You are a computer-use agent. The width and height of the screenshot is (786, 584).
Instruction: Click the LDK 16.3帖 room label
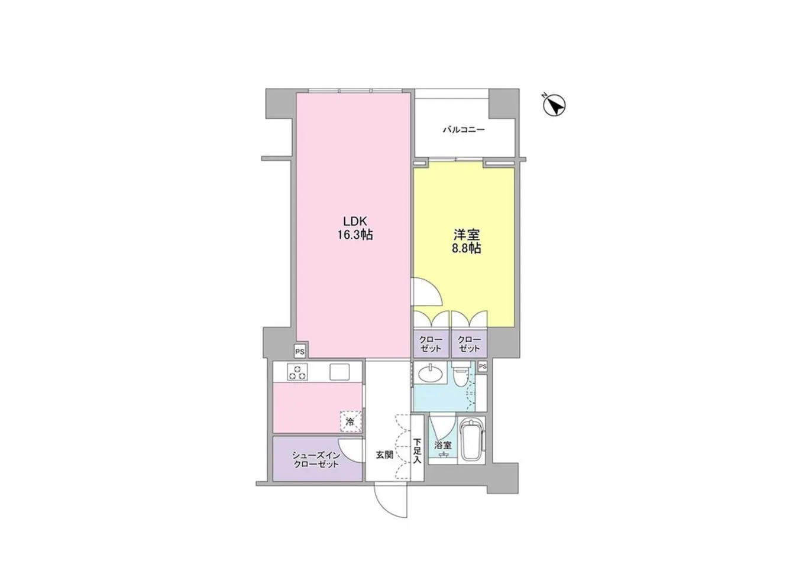pyautogui.click(x=354, y=228)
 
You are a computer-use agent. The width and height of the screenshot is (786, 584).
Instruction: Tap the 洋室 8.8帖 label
pyautogui.click(x=466, y=241)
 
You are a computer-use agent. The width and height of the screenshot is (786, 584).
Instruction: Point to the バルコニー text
pyautogui.click(x=464, y=129)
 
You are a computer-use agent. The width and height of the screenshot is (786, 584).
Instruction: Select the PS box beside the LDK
pyautogui.click(x=300, y=352)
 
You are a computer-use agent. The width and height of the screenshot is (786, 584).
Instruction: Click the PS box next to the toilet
pyautogui.click(x=482, y=367)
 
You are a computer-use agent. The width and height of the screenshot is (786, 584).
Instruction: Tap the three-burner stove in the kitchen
pyautogui.click(x=297, y=372)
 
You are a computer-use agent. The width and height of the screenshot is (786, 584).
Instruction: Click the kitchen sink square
pyautogui.click(x=340, y=372)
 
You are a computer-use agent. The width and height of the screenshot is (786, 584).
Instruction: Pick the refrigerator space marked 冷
pyautogui.click(x=351, y=421)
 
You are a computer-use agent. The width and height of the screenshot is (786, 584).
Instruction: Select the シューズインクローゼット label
pyautogui.click(x=316, y=459)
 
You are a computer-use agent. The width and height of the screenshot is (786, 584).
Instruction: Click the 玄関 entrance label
pyautogui.click(x=384, y=455)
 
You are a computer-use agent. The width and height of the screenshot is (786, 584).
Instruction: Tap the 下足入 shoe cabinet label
pyautogui.click(x=418, y=451)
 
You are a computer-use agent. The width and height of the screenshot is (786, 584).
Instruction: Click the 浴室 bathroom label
pyautogui.click(x=443, y=445)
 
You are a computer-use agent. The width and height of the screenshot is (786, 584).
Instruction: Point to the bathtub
pyautogui.click(x=471, y=440)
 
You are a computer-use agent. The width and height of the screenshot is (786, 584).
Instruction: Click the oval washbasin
pyautogui.click(x=430, y=373)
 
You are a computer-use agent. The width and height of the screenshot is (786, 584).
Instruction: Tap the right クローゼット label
pyautogui.click(x=469, y=344)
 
